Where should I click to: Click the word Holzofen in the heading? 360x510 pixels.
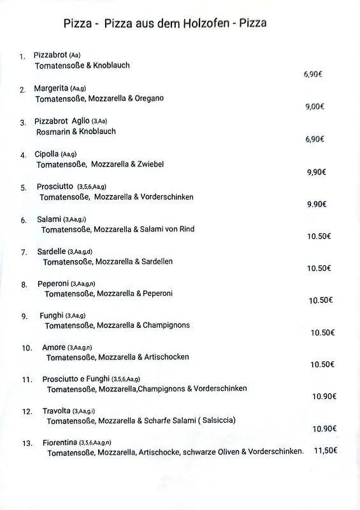[196, 24]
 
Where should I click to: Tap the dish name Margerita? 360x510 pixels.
[51, 88]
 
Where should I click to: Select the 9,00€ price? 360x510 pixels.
[315, 106]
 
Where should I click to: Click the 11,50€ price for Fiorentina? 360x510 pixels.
[326, 451]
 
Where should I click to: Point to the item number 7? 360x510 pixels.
[24, 252]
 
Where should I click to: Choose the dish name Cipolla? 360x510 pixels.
[47, 154]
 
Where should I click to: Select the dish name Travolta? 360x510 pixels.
[56, 411]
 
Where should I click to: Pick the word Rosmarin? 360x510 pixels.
[52, 131]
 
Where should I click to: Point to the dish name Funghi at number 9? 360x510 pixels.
[52, 316]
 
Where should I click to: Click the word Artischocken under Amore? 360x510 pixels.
[166, 357]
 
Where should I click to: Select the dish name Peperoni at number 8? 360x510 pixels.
[53, 284]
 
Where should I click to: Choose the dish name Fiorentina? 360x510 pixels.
[60, 442]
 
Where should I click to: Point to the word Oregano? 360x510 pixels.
[149, 98]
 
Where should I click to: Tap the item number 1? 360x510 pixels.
[22, 57]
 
